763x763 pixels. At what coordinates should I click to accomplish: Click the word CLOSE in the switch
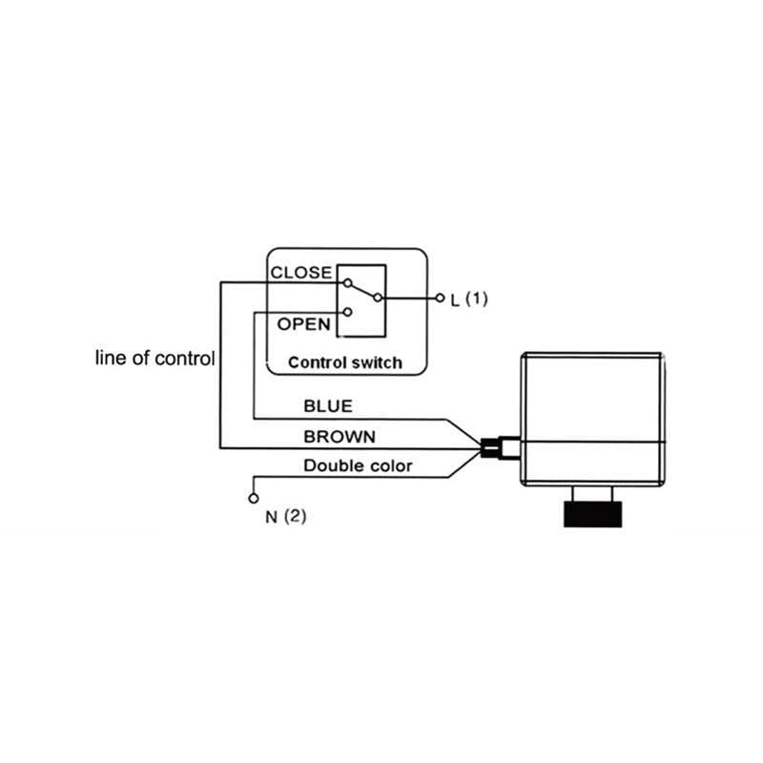[301, 273]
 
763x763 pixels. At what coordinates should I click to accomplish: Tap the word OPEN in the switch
[304, 324]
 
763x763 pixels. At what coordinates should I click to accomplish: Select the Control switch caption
[344, 362]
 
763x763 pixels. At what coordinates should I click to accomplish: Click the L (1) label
[469, 299]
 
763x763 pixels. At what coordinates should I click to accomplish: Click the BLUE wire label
[327, 406]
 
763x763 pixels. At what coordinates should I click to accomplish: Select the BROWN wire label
[339, 437]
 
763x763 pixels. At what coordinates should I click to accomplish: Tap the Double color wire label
[358, 466]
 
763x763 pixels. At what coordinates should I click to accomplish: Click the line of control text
[155, 359]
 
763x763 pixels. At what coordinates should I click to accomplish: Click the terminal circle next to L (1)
[440, 299]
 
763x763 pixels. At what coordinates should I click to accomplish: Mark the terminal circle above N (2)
[254, 498]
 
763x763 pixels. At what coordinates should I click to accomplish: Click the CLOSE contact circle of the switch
[348, 283]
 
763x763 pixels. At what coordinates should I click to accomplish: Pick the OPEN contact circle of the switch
[348, 312]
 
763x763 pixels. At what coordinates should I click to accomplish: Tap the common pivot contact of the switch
[378, 299]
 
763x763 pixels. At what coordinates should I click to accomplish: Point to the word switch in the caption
[378, 362]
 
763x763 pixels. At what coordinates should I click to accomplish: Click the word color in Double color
[392, 466]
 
